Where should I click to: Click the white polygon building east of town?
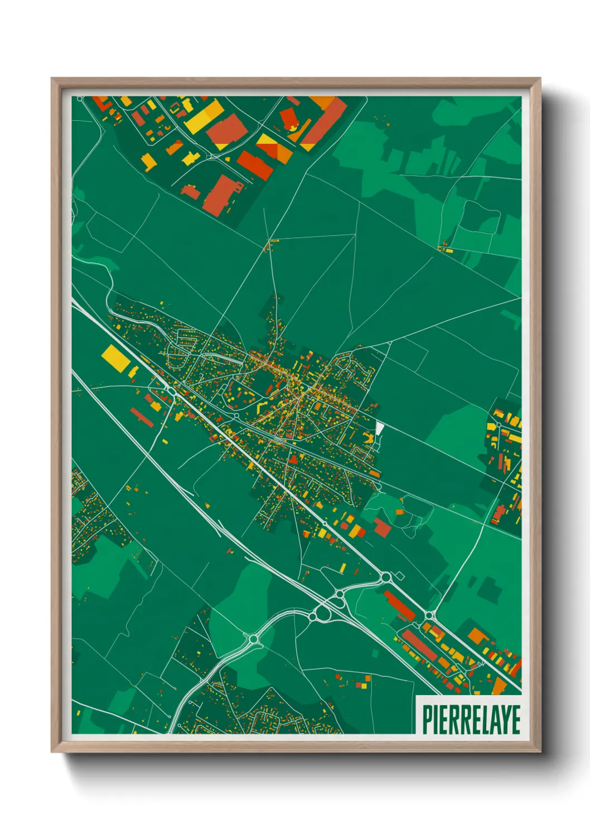tap(379, 429)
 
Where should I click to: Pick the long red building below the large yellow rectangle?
tap(142, 417)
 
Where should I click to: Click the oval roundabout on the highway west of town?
tap(171, 393)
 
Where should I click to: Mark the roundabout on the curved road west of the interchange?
tap(254, 638)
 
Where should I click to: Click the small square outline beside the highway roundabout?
tap(399, 574)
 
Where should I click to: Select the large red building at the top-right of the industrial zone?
tap(323, 121)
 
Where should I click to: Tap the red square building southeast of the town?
tap(382, 527)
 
